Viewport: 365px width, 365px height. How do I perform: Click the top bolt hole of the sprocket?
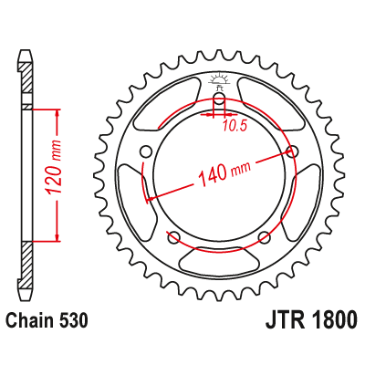pyautogui.click(x=219, y=100)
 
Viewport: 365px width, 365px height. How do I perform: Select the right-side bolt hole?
pyautogui.click(x=293, y=151)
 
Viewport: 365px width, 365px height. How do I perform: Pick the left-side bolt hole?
pyautogui.click(x=145, y=151)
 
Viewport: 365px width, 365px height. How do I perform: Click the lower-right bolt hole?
pyautogui.click(x=265, y=238)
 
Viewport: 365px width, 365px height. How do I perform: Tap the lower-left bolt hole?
pyautogui.click(x=173, y=238)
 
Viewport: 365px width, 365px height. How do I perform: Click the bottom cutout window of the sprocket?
pyautogui.click(x=219, y=260)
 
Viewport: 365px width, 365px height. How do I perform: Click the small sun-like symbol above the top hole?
pyautogui.click(x=219, y=80)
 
